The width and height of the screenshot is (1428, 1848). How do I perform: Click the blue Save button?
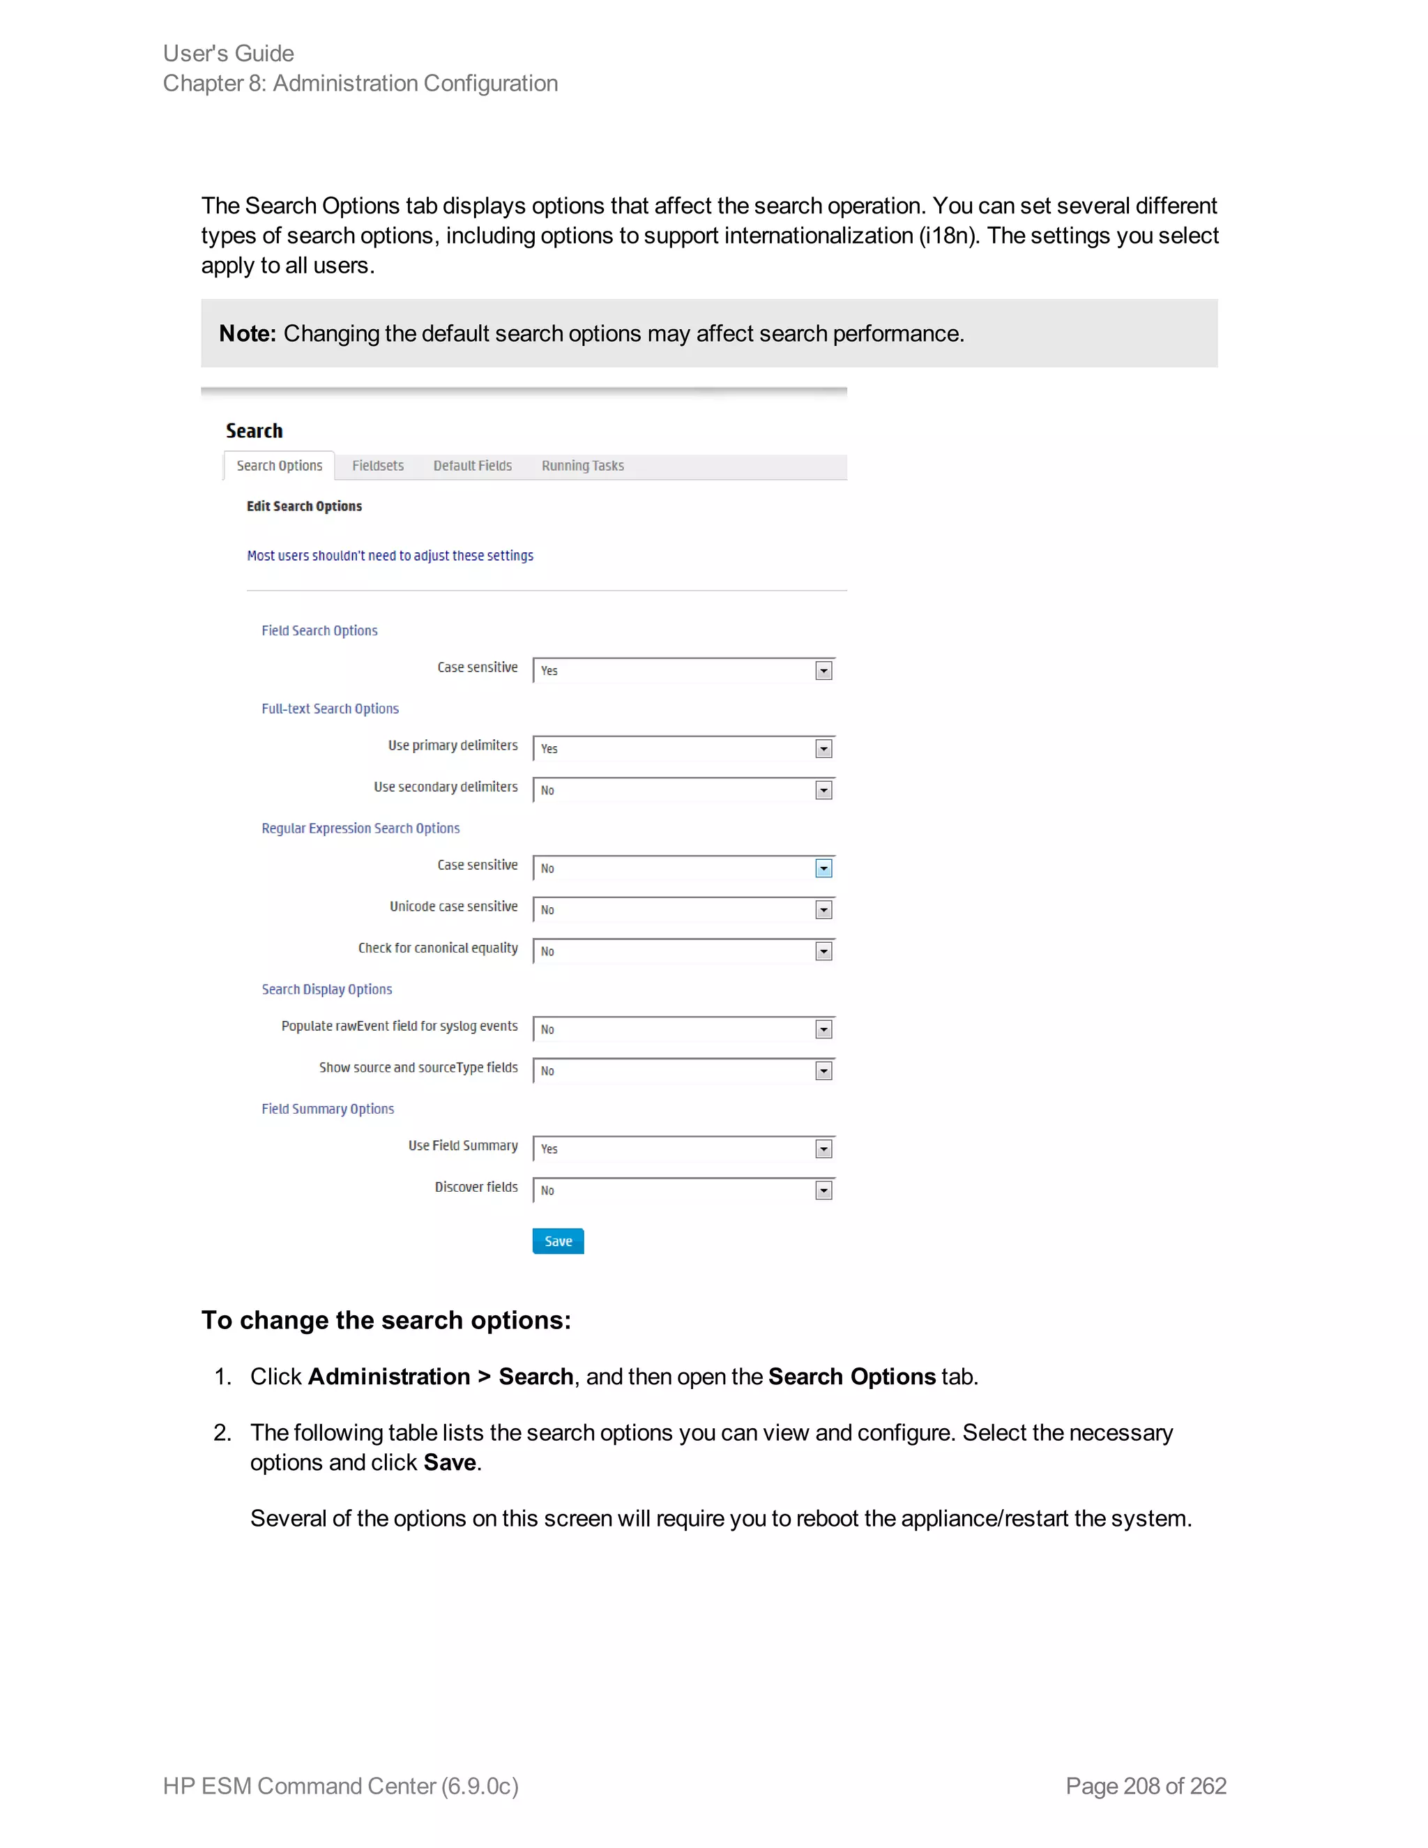pos(558,1241)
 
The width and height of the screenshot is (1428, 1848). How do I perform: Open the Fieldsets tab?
pos(377,465)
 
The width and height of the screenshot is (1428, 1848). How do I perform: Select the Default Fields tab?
pos(472,465)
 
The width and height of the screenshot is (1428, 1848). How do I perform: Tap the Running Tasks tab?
pos(582,465)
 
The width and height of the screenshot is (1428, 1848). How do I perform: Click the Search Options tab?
pos(279,465)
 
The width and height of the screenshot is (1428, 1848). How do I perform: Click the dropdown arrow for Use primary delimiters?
pos(823,749)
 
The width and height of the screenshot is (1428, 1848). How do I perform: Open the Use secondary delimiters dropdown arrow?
pos(823,790)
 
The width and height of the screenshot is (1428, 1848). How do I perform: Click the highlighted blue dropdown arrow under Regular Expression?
pos(823,868)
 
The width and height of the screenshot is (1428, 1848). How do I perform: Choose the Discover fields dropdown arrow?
pos(823,1190)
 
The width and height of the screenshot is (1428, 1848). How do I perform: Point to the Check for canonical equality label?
pos(437,948)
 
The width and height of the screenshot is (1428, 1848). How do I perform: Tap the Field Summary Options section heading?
pos(328,1109)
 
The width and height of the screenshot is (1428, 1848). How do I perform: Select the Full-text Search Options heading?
pos(330,709)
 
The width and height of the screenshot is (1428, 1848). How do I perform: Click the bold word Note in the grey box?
pos(247,333)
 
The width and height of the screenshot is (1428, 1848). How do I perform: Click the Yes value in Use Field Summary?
pos(549,1149)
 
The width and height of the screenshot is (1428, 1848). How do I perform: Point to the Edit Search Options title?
pos(304,506)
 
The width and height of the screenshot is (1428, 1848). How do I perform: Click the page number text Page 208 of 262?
pos(1146,1785)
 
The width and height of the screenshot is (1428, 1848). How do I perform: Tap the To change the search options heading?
pos(386,1320)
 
